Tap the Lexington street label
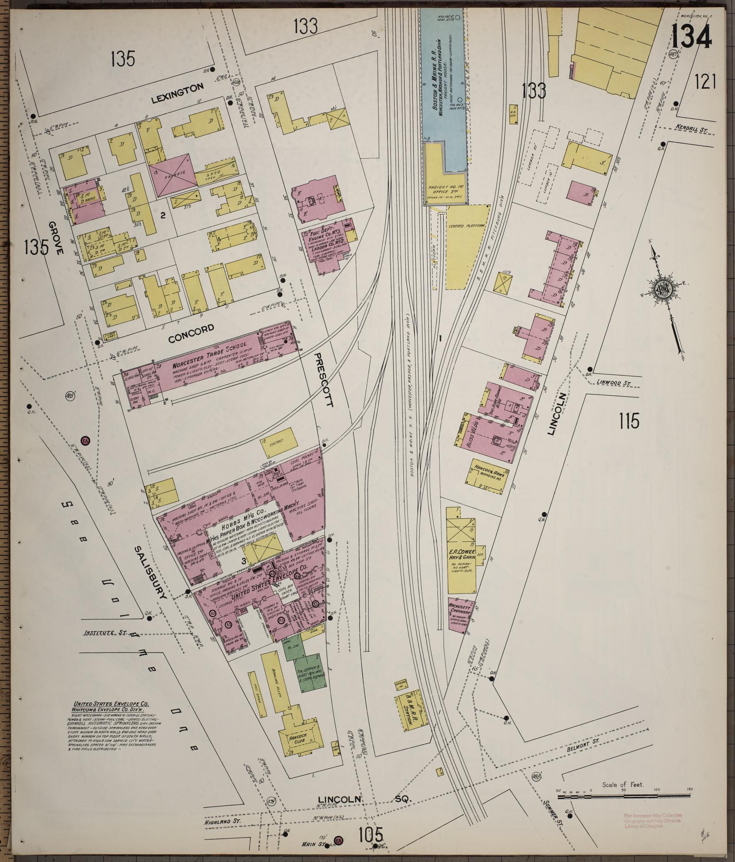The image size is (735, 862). tap(177, 88)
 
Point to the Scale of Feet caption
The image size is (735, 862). tap(623, 785)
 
